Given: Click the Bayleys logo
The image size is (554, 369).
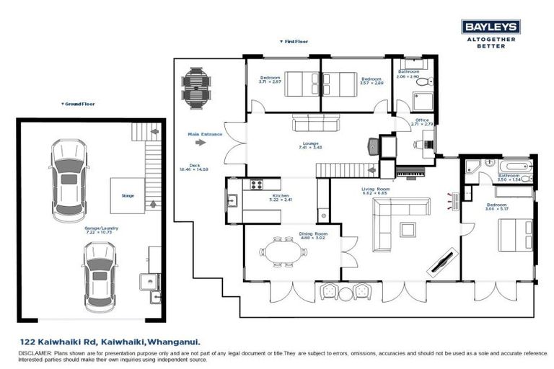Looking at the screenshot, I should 490,27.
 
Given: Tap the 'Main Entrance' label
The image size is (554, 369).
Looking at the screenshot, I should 204,134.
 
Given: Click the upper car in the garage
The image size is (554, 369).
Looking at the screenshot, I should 67,176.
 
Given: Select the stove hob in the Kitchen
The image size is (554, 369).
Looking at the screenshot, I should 258,184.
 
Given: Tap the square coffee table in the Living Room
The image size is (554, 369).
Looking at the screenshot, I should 408,229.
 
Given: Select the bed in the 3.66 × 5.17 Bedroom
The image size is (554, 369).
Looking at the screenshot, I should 518,234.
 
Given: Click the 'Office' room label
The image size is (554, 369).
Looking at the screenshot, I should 422,120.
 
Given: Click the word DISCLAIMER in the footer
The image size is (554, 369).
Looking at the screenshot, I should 35,354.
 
